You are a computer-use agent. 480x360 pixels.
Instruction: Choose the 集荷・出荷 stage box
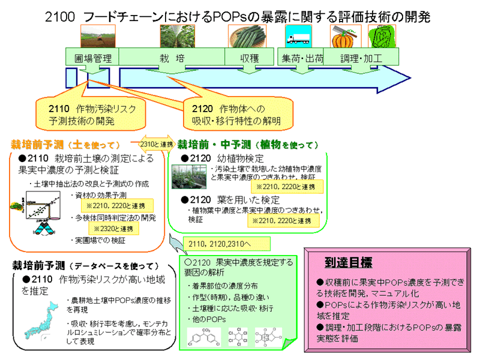[x=302, y=58]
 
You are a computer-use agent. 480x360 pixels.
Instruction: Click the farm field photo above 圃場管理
[x=94, y=37]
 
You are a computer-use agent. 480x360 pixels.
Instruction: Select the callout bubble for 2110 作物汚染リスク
[x=93, y=115]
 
